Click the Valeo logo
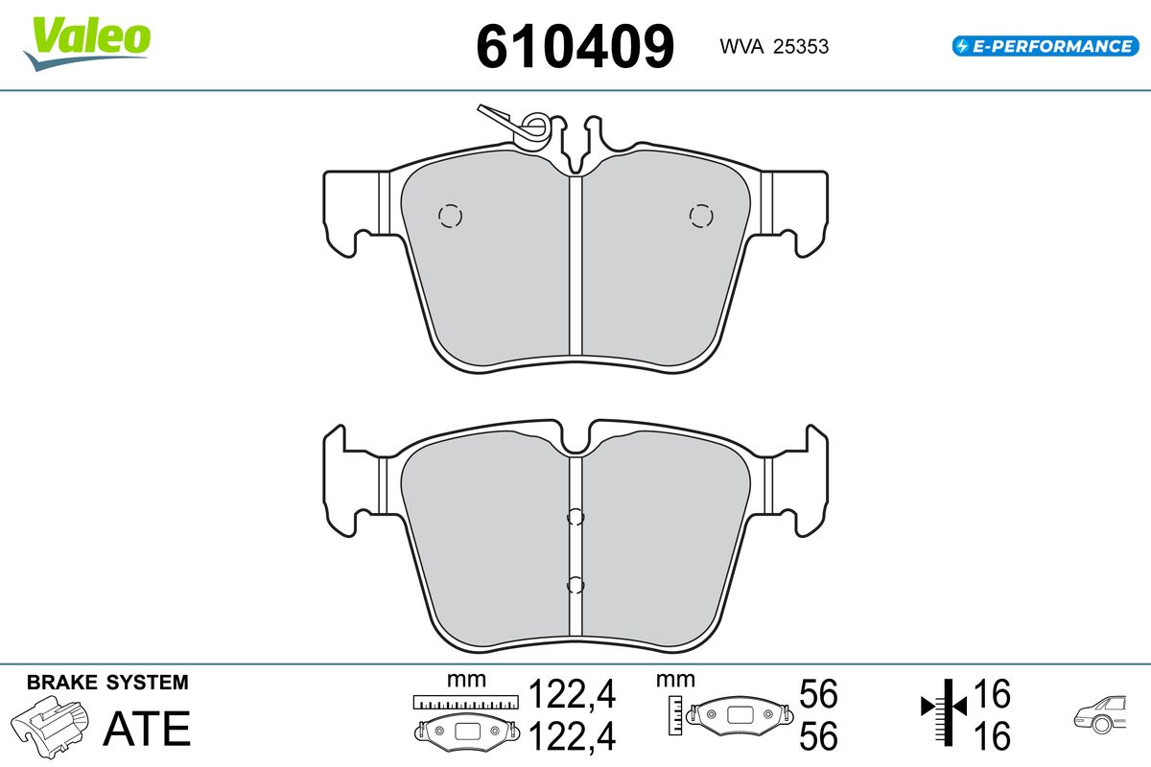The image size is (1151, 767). [x=87, y=43]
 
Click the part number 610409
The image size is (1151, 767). [x=575, y=46]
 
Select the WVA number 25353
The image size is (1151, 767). [x=801, y=47]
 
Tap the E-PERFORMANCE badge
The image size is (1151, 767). [x=1045, y=46]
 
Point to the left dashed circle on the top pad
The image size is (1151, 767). [x=450, y=216]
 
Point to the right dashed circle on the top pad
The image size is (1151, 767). [x=701, y=216]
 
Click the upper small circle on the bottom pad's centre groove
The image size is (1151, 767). [x=575, y=517]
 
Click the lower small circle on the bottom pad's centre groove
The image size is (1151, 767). [x=575, y=585]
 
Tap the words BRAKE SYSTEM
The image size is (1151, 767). [x=107, y=683]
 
